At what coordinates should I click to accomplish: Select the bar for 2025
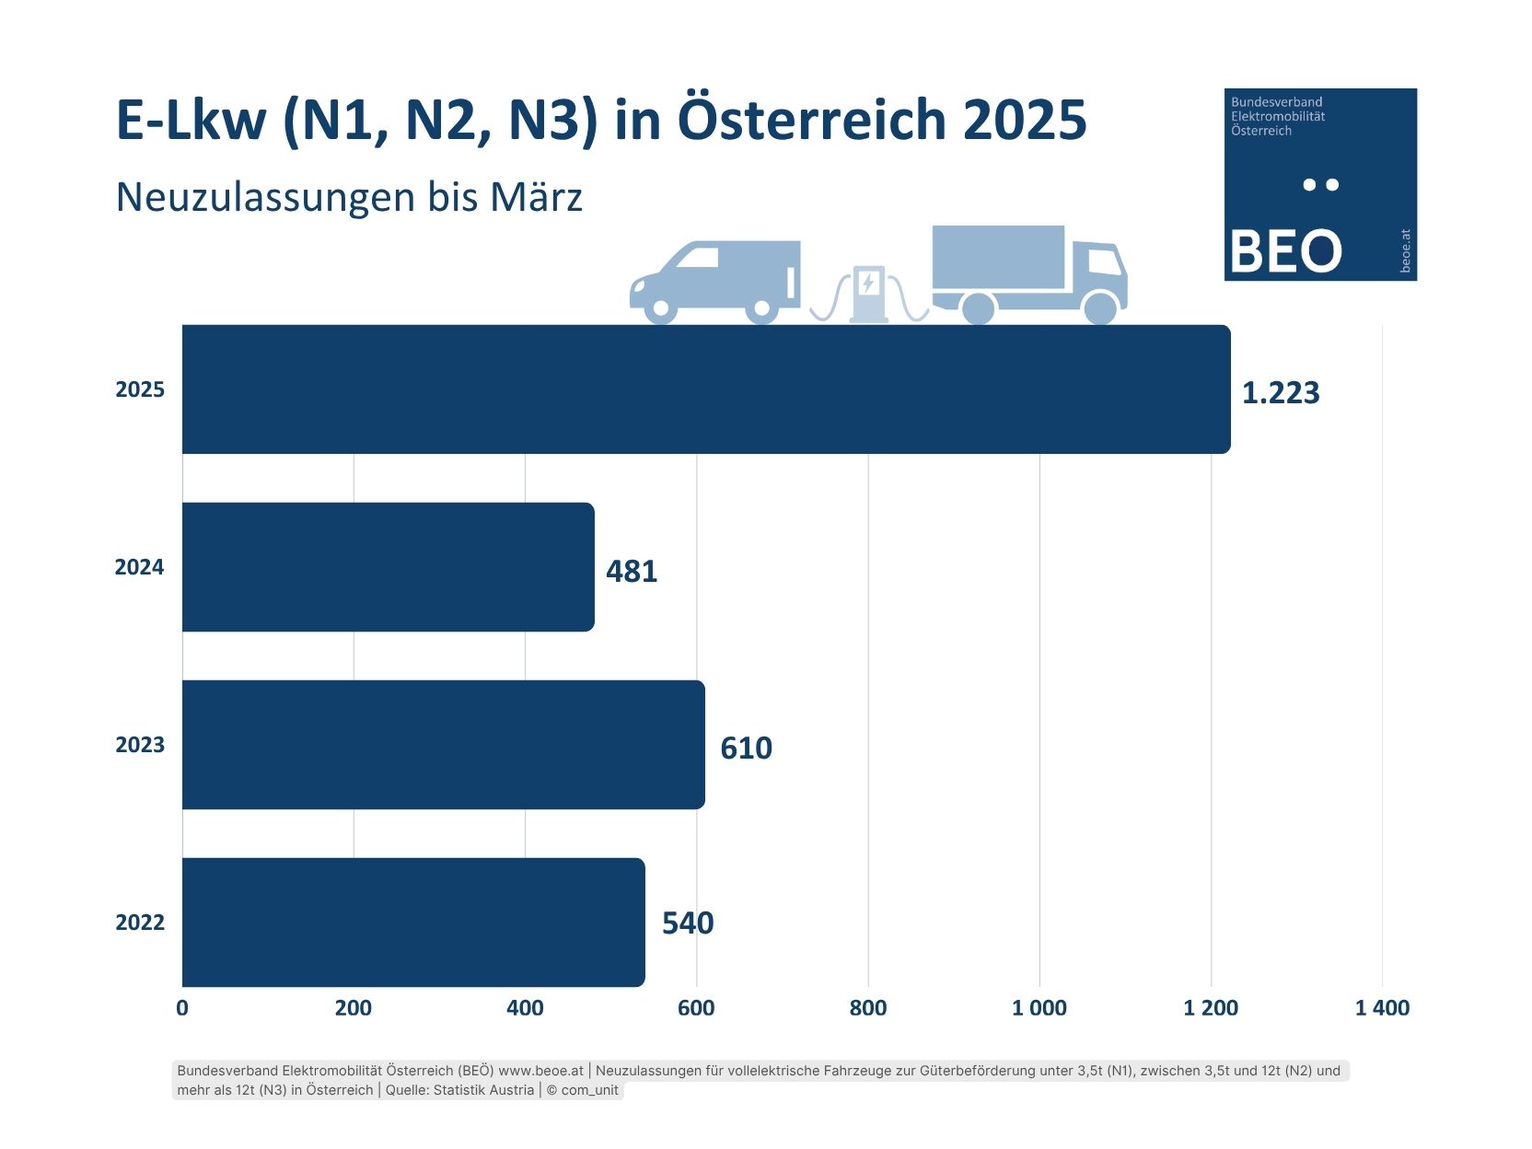tap(706, 389)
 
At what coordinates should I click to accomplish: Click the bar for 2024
tap(388, 566)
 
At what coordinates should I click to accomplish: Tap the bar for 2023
tap(443, 744)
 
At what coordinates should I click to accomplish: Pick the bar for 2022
tap(413, 922)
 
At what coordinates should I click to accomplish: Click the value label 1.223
tap(1280, 393)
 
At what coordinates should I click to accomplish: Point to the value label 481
tap(632, 571)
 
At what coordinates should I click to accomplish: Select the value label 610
tap(746, 748)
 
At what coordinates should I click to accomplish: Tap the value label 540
tap(688, 923)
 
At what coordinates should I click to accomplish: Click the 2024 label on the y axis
tap(139, 567)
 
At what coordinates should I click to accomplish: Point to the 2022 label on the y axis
tap(140, 923)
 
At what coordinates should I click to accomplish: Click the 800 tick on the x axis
tap(867, 1008)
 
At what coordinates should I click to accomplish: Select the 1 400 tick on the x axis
tap(1382, 1008)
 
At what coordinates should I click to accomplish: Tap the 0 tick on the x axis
tap(182, 1008)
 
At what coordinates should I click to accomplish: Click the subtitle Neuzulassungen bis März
tap(349, 197)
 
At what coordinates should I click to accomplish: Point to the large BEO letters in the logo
tap(1285, 251)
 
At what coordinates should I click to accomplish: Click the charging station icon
tap(868, 293)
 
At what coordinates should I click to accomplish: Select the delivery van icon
tap(715, 281)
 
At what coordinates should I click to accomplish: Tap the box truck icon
tap(1028, 273)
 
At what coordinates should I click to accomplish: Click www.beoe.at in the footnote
tap(540, 1071)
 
